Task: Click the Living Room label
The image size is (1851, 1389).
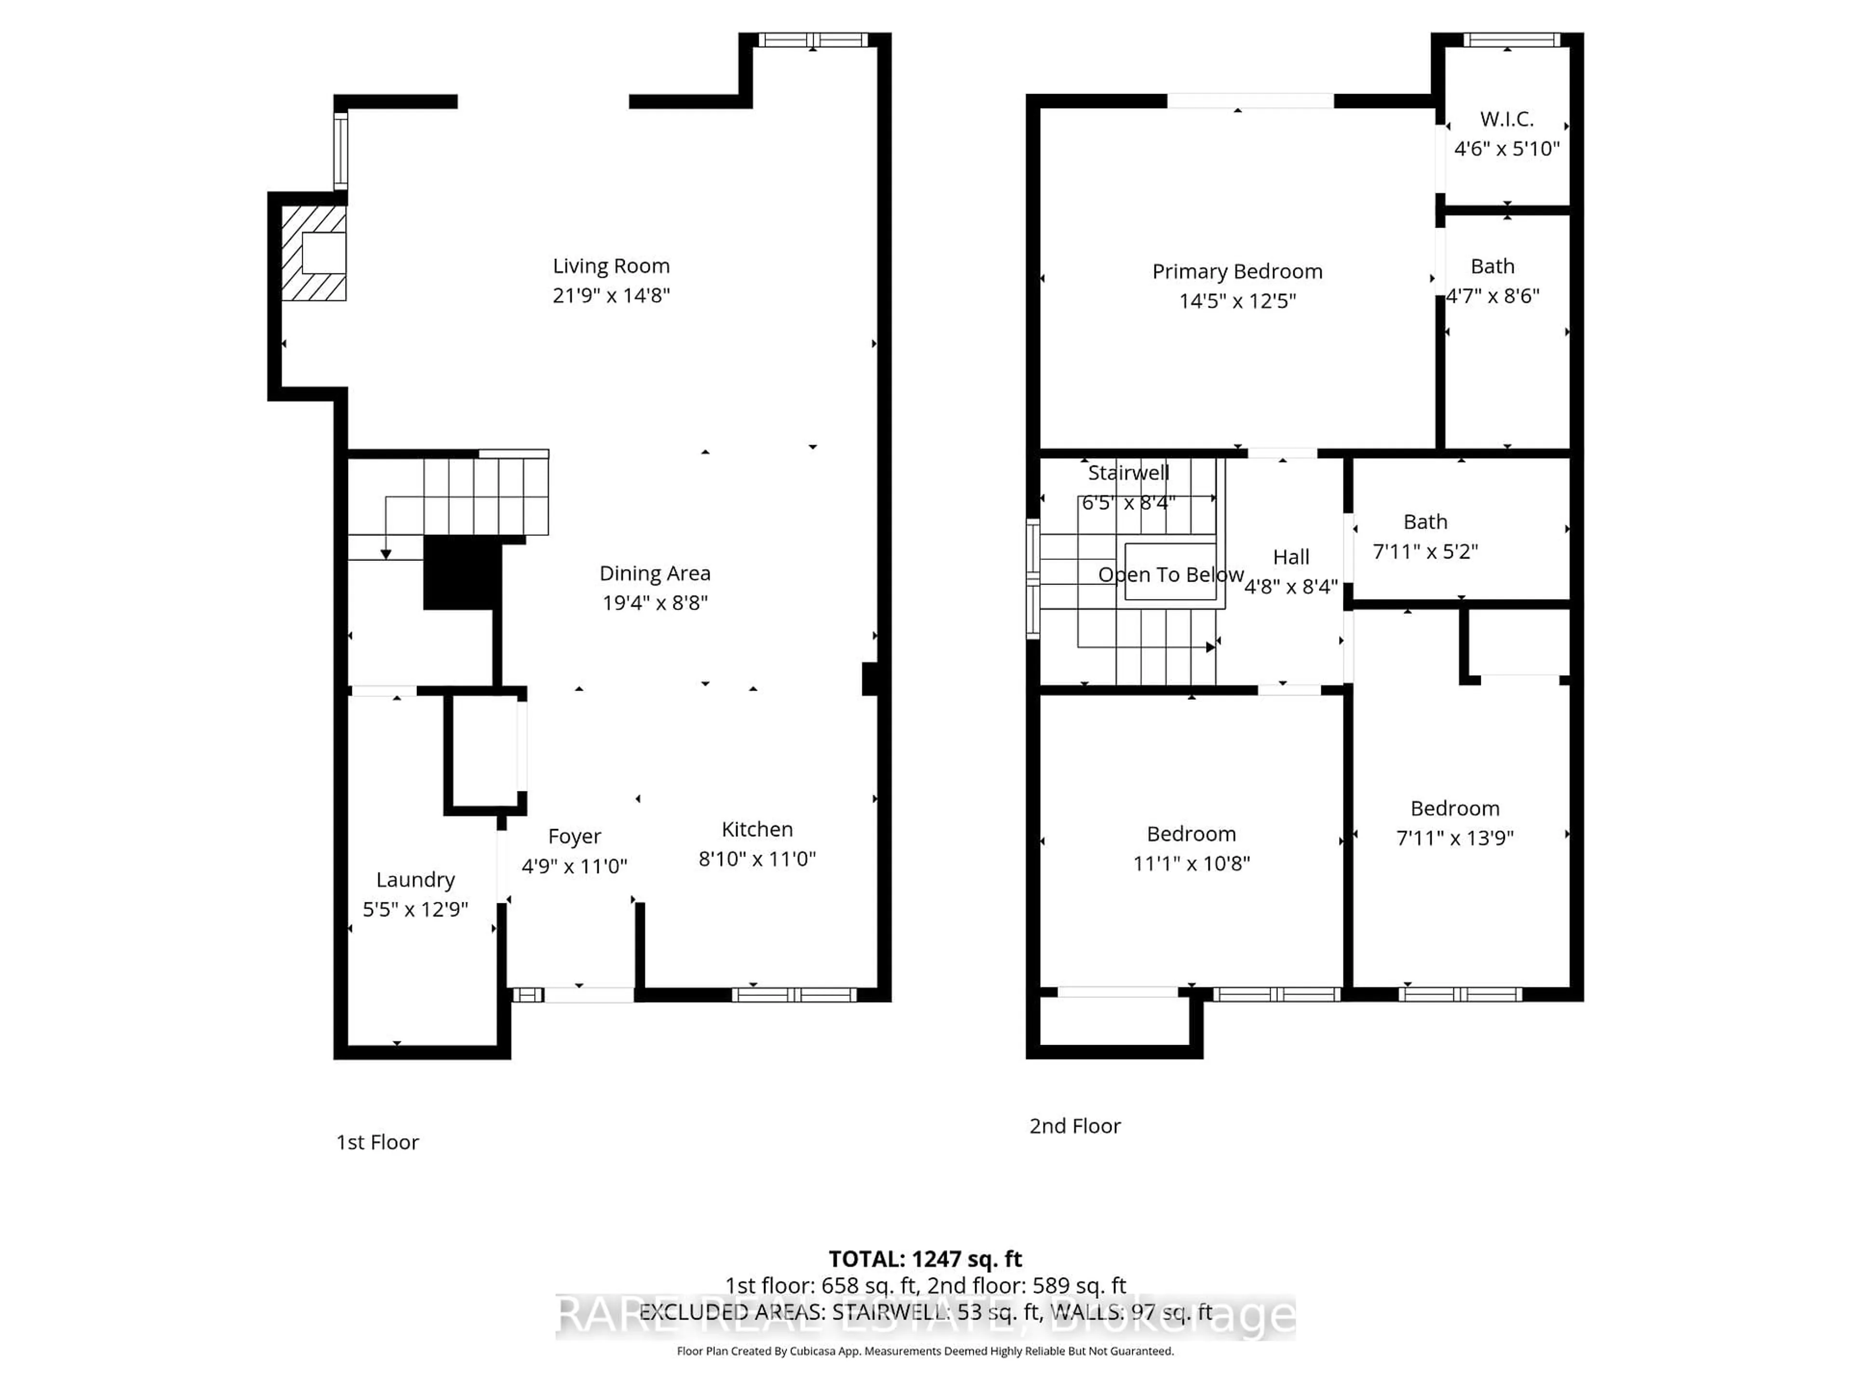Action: click(611, 266)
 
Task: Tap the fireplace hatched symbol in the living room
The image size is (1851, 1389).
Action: click(314, 253)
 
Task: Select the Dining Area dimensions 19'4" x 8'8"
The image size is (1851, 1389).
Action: click(655, 603)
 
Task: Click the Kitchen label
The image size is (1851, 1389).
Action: click(757, 829)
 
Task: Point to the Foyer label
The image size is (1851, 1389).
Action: click(574, 836)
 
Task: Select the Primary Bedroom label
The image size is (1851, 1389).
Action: click(1237, 271)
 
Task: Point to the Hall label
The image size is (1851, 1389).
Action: click(1291, 557)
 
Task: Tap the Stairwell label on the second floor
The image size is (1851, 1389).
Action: click(1128, 473)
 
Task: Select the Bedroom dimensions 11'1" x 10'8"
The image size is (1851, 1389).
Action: click(1192, 863)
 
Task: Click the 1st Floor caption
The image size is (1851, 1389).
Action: click(377, 1142)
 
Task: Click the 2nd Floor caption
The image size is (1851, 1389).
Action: click(1074, 1126)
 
